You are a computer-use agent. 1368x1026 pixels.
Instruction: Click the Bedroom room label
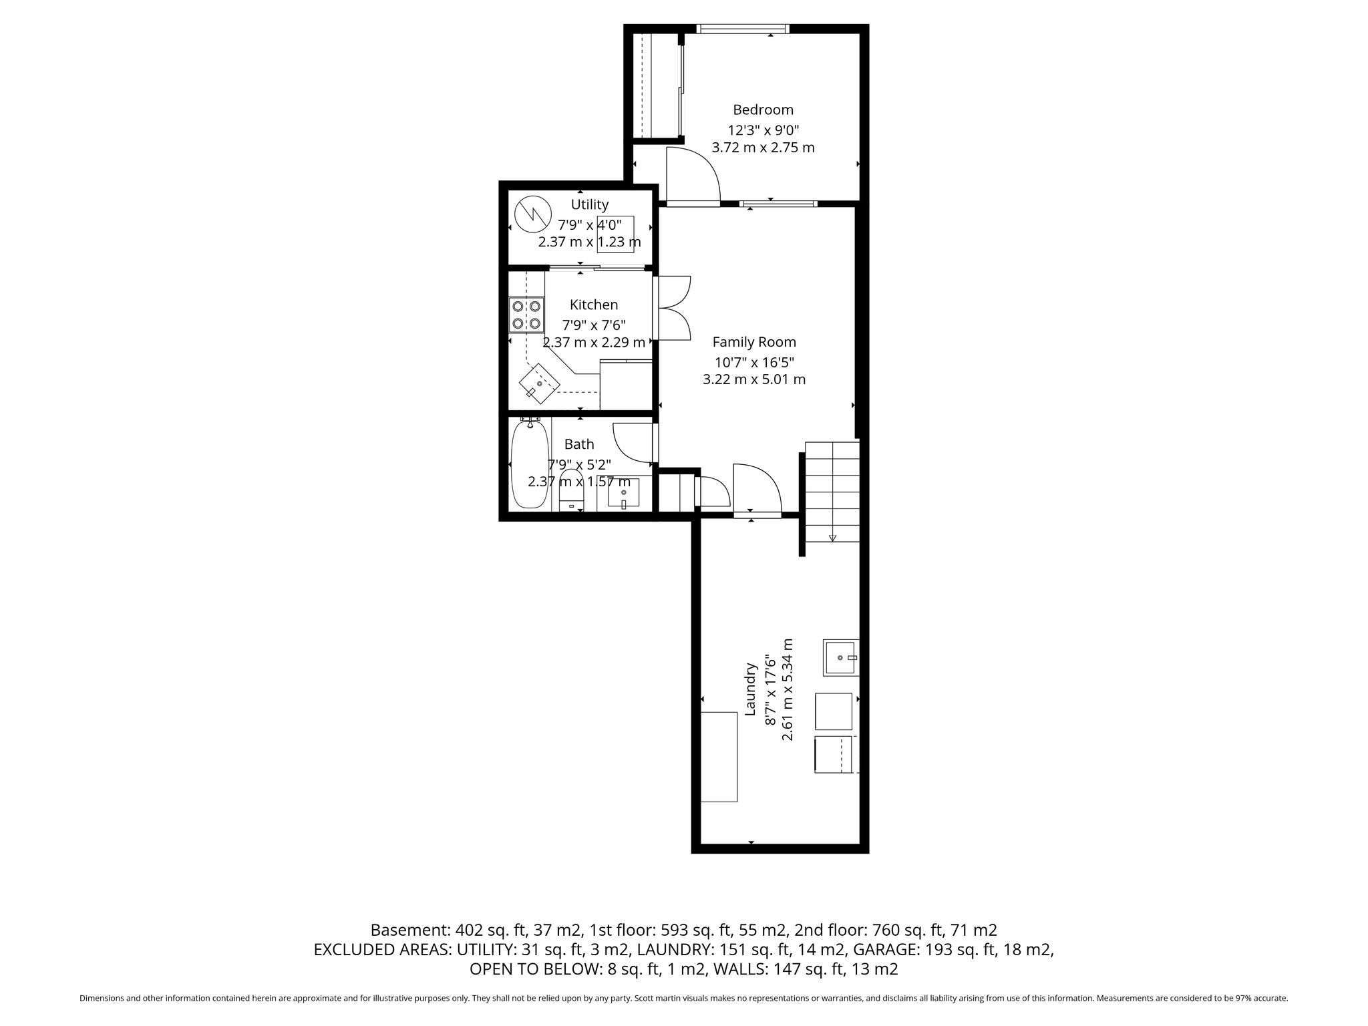pyautogui.click(x=763, y=110)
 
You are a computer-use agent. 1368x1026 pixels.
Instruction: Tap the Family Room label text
pyautogui.click(x=754, y=342)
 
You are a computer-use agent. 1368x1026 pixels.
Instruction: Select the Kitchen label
pyautogui.click(x=594, y=305)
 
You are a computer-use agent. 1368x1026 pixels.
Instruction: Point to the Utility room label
pyautogui.click(x=590, y=204)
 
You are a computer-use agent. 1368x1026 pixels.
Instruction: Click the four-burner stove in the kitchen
pyautogui.click(x=526, y=315)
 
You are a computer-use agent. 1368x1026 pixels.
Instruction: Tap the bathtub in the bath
pyautogui.click(x=530, y=463)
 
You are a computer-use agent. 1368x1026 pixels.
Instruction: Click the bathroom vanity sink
pyautogui.click(x=624, y=493)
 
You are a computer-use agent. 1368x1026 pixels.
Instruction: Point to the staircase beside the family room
pyautogui.click(x=832, y=491)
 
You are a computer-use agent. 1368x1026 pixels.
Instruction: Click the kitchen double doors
pyautogui.click(x=675, y=309)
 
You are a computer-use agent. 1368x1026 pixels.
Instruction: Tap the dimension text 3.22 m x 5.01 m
pyautogui.click(x=754, y=379)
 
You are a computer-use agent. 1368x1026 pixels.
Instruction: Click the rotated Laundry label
pyautogui.click(x=751, y=689)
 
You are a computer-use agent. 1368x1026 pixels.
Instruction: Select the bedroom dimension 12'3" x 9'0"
pyautogui.click(x=763, y=130)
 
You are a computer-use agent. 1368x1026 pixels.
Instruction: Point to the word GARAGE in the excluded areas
pyautogui.click(x=885, y=949)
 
